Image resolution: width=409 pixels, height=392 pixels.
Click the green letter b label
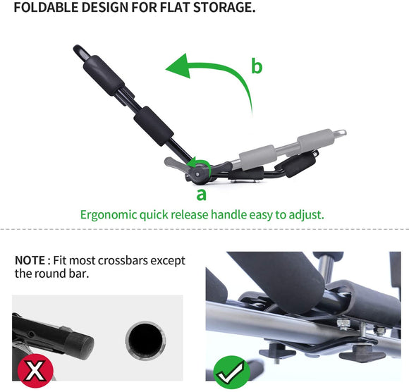(257, 67)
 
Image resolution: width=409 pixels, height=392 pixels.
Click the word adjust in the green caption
(307, 214)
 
